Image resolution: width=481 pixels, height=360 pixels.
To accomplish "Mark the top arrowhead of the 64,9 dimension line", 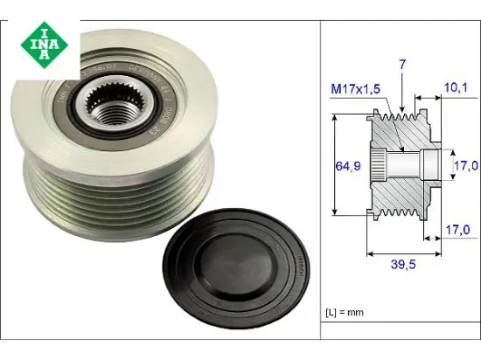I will [x=337, y=115].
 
